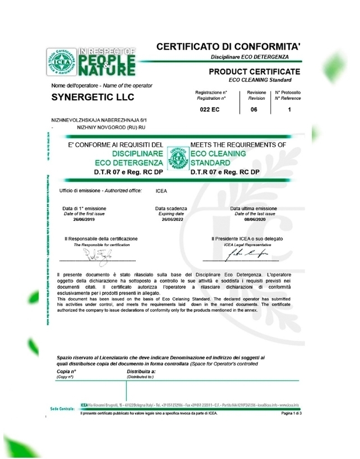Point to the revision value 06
tap(253, 110)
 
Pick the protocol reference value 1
tap(289, 110)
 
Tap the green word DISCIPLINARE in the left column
tap(137, 153)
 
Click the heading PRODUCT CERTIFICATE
tap(254, 71)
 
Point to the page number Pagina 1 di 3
tap(291, 414)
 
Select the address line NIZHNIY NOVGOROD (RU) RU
tap(103, 128)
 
